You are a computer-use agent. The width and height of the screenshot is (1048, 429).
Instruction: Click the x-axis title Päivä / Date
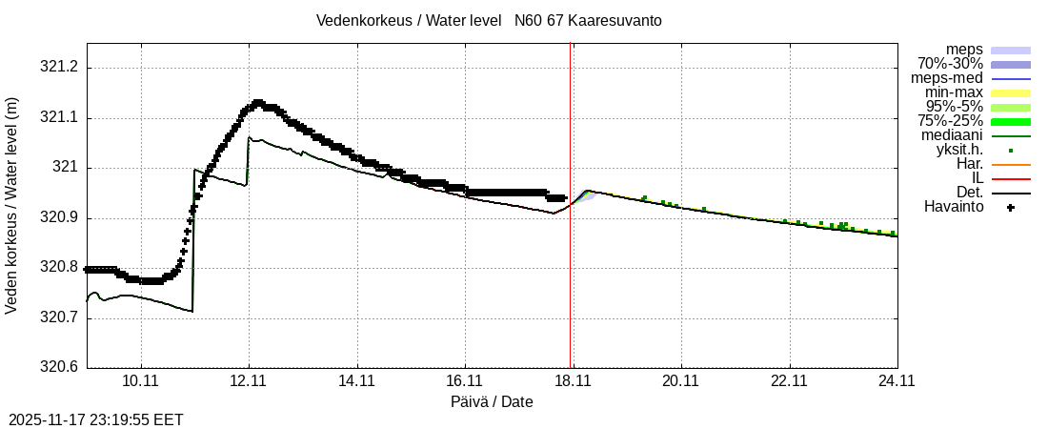492,401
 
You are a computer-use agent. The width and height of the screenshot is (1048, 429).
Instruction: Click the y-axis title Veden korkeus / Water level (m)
12,205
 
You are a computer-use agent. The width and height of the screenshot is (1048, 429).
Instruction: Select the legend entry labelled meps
964,50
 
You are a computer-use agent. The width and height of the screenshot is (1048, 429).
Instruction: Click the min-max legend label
954,92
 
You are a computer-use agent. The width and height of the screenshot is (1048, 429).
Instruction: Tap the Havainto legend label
954,207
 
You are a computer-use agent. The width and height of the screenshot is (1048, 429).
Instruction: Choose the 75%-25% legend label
950,121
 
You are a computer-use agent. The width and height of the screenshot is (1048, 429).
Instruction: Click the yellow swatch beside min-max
1011,92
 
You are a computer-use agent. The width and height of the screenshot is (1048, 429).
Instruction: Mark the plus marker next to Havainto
1011,207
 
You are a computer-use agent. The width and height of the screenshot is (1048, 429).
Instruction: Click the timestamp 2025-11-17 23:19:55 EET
96,419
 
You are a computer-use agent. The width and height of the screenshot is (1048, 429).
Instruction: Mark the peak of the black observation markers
258,102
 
